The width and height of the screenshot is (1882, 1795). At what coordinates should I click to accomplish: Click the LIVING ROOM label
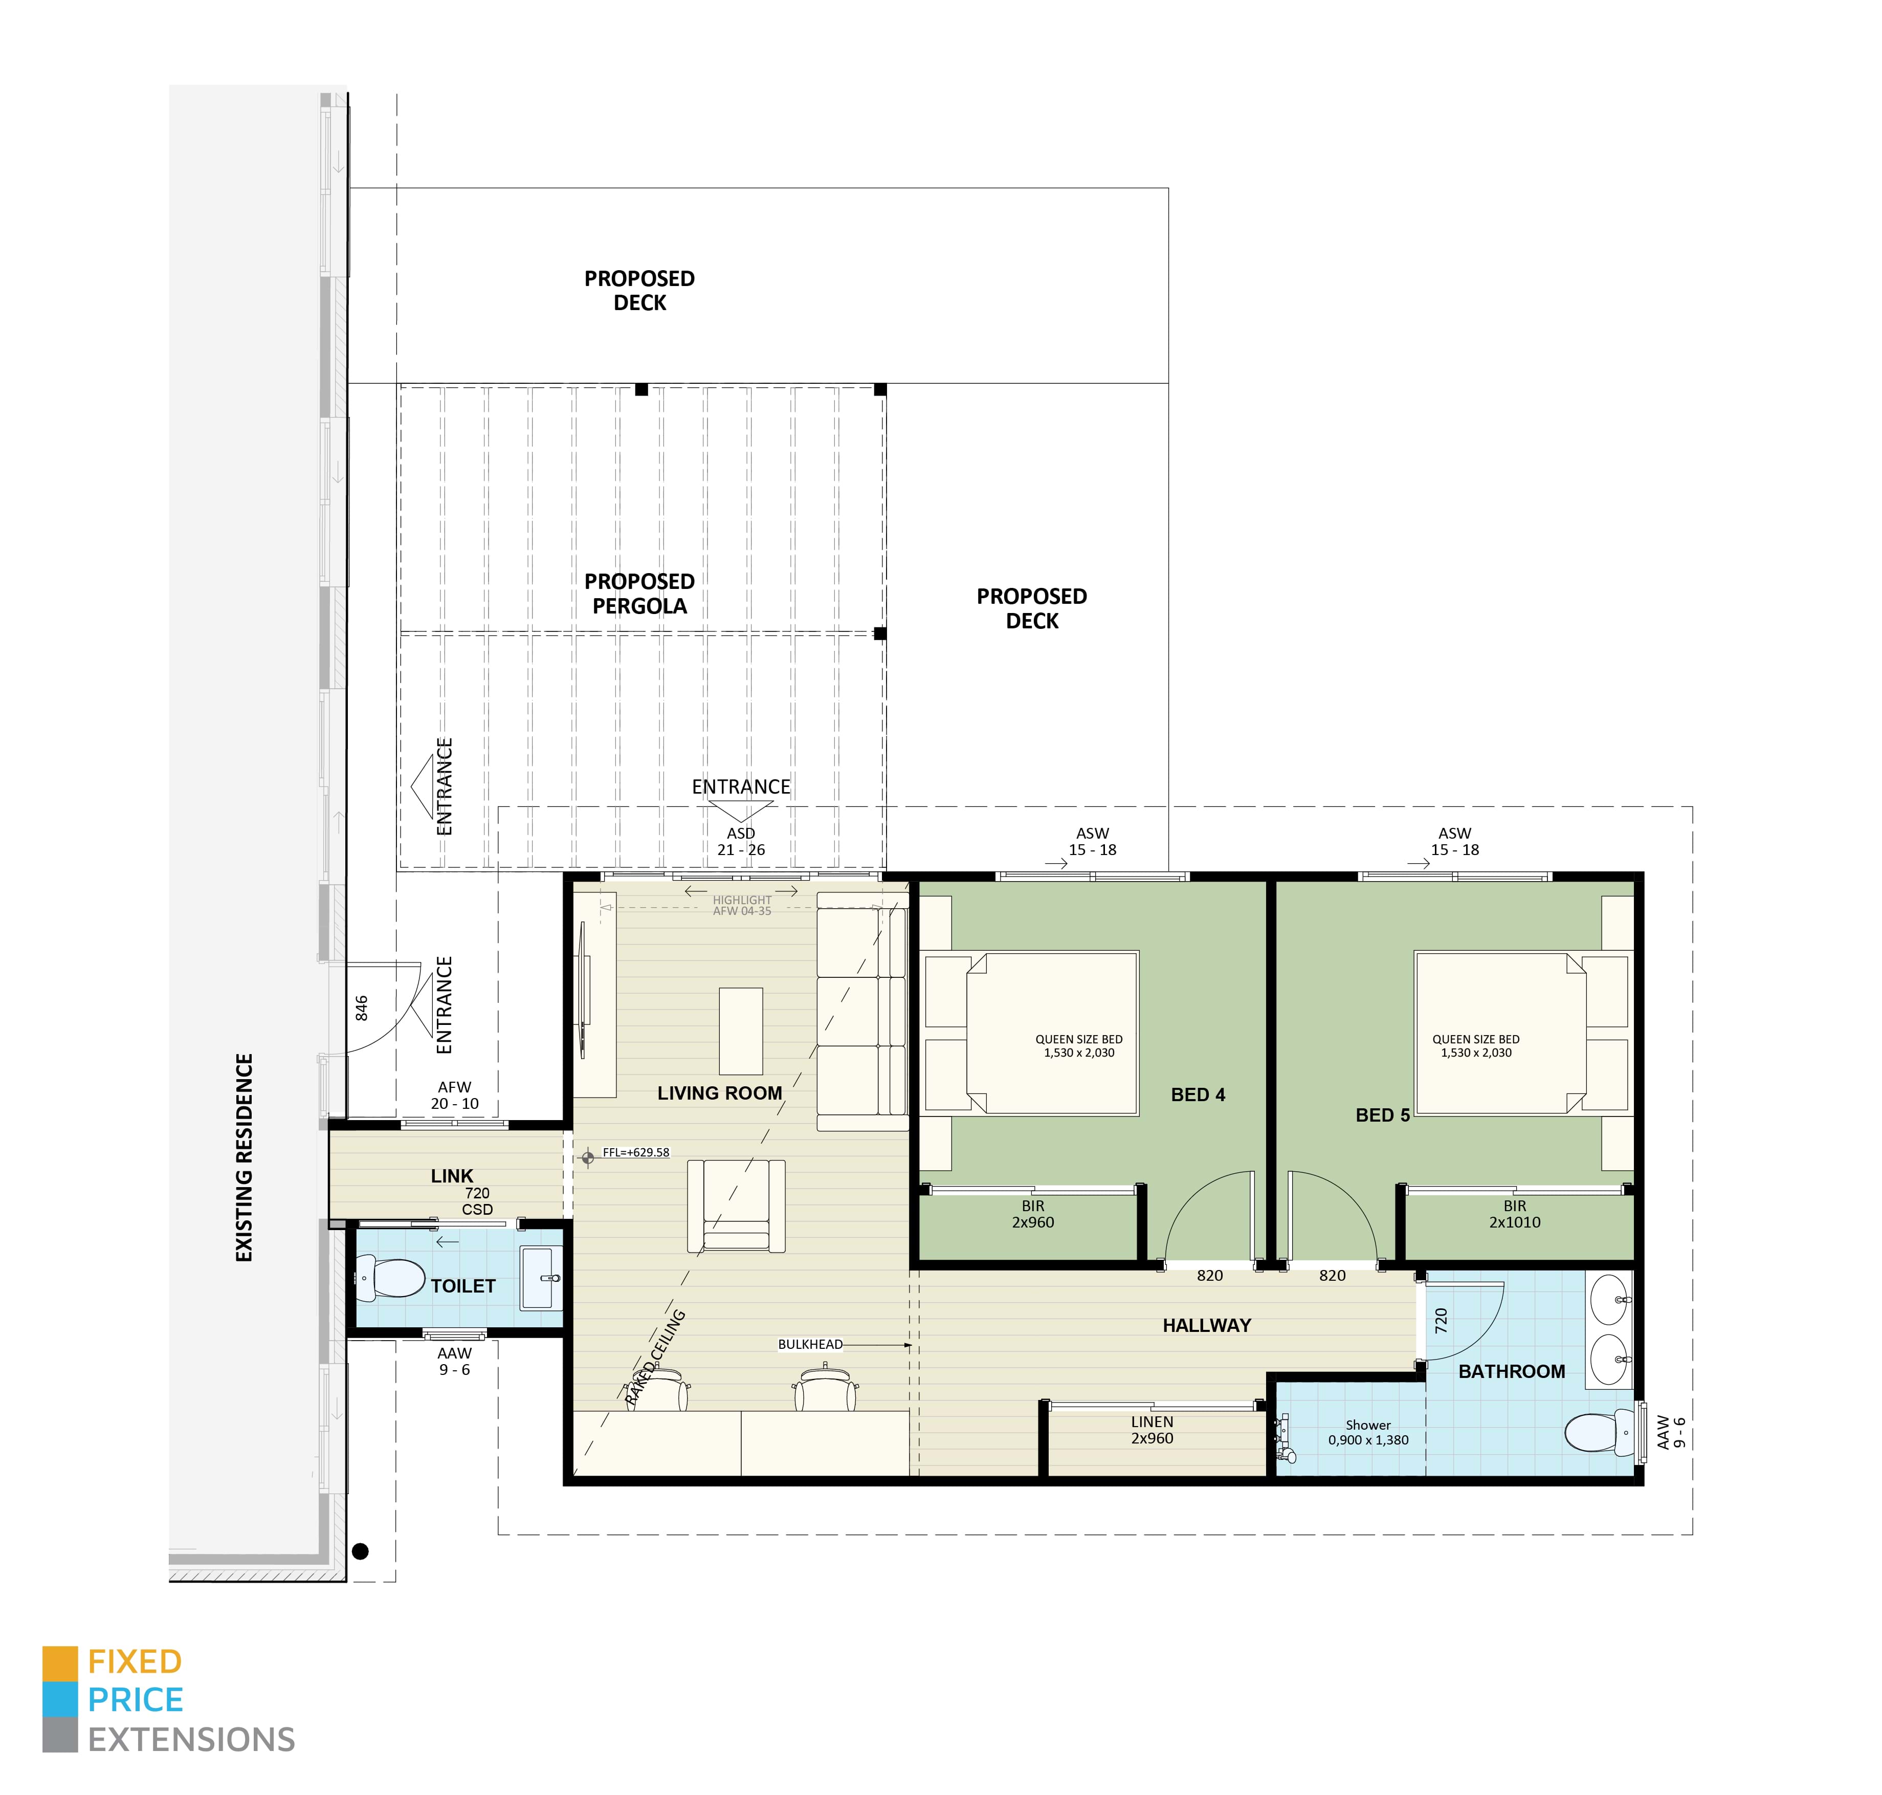[x=720, y=1092]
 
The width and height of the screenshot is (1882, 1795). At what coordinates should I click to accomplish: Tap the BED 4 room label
[x=1198, y=1094]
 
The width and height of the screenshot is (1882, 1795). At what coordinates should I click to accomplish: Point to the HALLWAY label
[x=1207, y=1325]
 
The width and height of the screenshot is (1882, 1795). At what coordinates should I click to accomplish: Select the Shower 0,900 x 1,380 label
[x=1368, y=1432]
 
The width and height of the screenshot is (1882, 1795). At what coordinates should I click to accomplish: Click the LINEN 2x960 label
[x=1152, y=1430]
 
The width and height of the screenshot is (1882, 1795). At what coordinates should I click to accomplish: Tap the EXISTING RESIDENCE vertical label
[x=244, y=1158]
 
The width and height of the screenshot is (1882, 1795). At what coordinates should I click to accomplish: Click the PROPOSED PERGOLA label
[x=639, y=593]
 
